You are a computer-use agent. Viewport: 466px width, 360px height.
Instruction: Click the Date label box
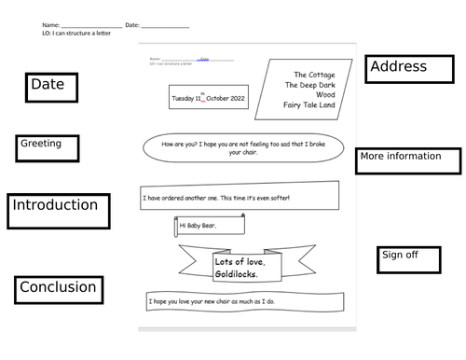tap(51, 87)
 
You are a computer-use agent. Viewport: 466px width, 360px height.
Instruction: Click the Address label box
tap(411, 70)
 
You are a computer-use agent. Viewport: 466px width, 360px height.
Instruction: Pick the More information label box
tap(408, 160)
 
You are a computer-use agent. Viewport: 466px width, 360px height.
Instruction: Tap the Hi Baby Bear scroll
tap(210, 225)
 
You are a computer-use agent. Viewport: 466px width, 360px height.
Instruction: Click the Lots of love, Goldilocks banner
tap(239, 267)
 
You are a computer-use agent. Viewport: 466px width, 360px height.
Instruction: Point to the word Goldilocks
tap(240, 273)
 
